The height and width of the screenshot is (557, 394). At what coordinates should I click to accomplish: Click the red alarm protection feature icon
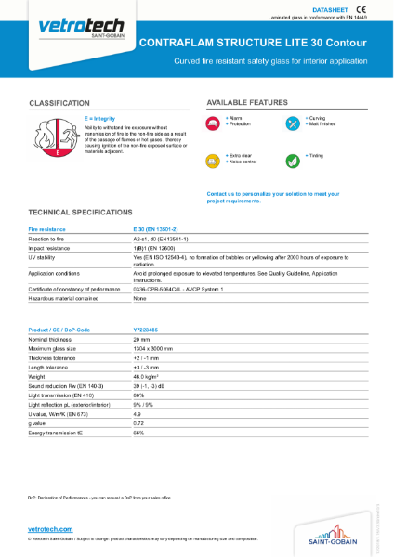[x=214, y=123]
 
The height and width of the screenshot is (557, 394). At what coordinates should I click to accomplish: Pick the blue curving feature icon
[x=293, y=123]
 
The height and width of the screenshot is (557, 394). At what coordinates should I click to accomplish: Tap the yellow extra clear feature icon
[x=214, y=159]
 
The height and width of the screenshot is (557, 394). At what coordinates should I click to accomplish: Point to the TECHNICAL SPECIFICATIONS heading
[x=87, y=212]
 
